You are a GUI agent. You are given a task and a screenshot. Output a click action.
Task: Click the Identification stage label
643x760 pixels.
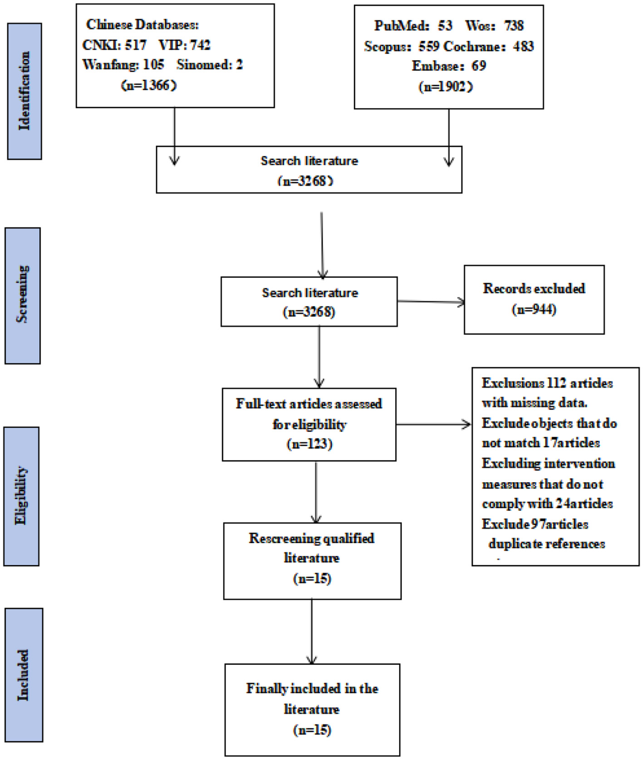(x=25, y=91)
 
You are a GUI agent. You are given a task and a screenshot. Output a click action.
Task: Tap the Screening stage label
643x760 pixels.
(x=23, y=295)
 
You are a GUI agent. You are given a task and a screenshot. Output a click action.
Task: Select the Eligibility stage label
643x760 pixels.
(x=21, y=496)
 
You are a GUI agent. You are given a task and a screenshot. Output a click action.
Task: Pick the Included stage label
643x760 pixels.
(x=24, y=675)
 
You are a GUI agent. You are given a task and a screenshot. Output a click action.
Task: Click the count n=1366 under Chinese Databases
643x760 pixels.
(x=149, y=85)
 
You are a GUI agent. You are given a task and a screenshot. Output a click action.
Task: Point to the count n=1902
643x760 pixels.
(x=446, y=86)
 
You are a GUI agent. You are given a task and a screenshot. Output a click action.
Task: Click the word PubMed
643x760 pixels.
(x=401, y=26)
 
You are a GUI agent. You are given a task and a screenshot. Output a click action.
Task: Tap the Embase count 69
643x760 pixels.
(x=479, y=66)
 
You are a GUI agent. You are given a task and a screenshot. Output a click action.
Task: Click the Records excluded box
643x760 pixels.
(x=534, y=300)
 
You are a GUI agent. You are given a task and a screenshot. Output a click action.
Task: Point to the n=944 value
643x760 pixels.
(x=534, y=310)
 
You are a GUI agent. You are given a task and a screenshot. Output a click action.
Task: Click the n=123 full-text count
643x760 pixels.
(x=309, y=444)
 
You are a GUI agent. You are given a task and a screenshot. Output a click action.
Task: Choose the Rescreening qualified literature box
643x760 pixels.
(x=312, y=561)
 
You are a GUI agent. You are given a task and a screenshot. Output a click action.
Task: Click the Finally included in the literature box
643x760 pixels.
(x=312, y=710)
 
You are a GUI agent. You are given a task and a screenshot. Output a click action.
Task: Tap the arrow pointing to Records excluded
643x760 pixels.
(x=431, y=301)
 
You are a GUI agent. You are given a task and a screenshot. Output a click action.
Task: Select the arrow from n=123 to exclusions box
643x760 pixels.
(x=434, y=424)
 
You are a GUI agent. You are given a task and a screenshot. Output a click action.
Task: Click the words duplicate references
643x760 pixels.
(x=546, y=544)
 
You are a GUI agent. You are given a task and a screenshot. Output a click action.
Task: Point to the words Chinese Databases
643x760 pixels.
(x=142, y=25)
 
